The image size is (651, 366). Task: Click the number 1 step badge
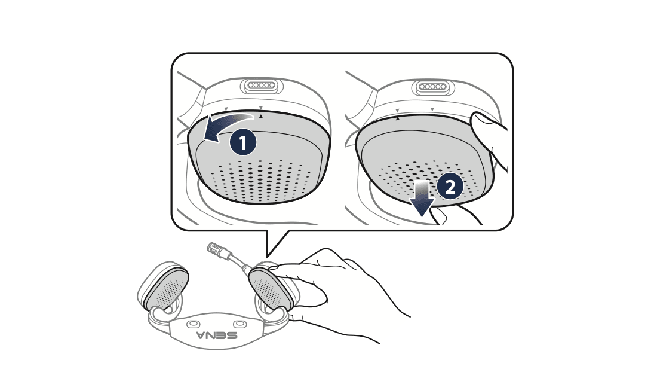tap(243, 142)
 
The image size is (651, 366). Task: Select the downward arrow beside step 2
tap(422, 198)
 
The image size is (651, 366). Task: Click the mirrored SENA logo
tap(217, 335)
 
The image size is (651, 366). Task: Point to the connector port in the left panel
tap(262, 86)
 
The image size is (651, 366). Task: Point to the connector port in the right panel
tap(432, 87)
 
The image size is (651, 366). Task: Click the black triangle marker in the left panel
tap(261, 117)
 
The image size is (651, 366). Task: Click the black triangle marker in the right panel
tap(397, 118)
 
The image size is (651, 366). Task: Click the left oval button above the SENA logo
tap(193, 324)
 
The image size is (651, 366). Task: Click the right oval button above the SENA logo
tap(239, 324)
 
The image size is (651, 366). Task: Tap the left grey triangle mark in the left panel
tap(226, 109)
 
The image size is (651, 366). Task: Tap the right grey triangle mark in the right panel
tap(432, 109)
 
